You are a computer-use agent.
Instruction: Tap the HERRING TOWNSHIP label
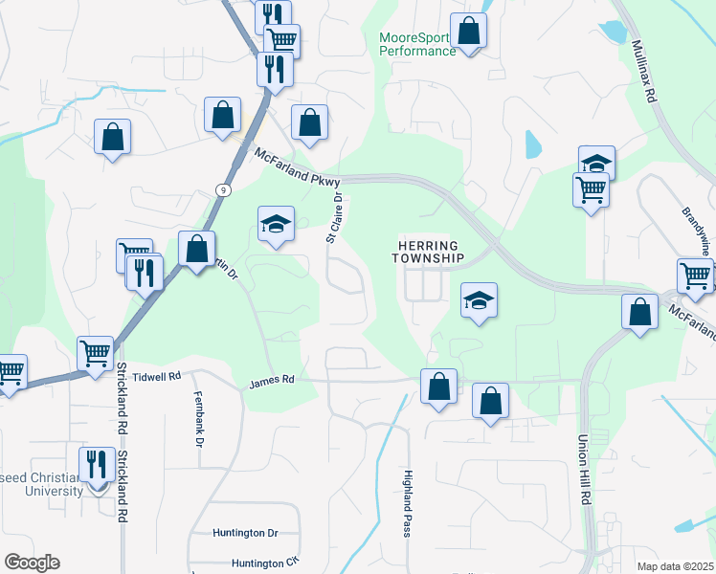[431, 253]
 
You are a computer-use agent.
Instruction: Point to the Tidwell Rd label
[154, 377]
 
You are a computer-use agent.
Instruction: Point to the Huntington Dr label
[246, 533]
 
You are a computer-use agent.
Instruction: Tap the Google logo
[32, 563]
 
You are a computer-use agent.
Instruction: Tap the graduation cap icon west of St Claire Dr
[276, 224]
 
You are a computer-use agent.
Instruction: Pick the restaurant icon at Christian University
[97, 464]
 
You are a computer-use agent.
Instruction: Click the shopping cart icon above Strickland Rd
[96, 353]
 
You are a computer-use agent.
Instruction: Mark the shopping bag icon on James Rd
[438, 386]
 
